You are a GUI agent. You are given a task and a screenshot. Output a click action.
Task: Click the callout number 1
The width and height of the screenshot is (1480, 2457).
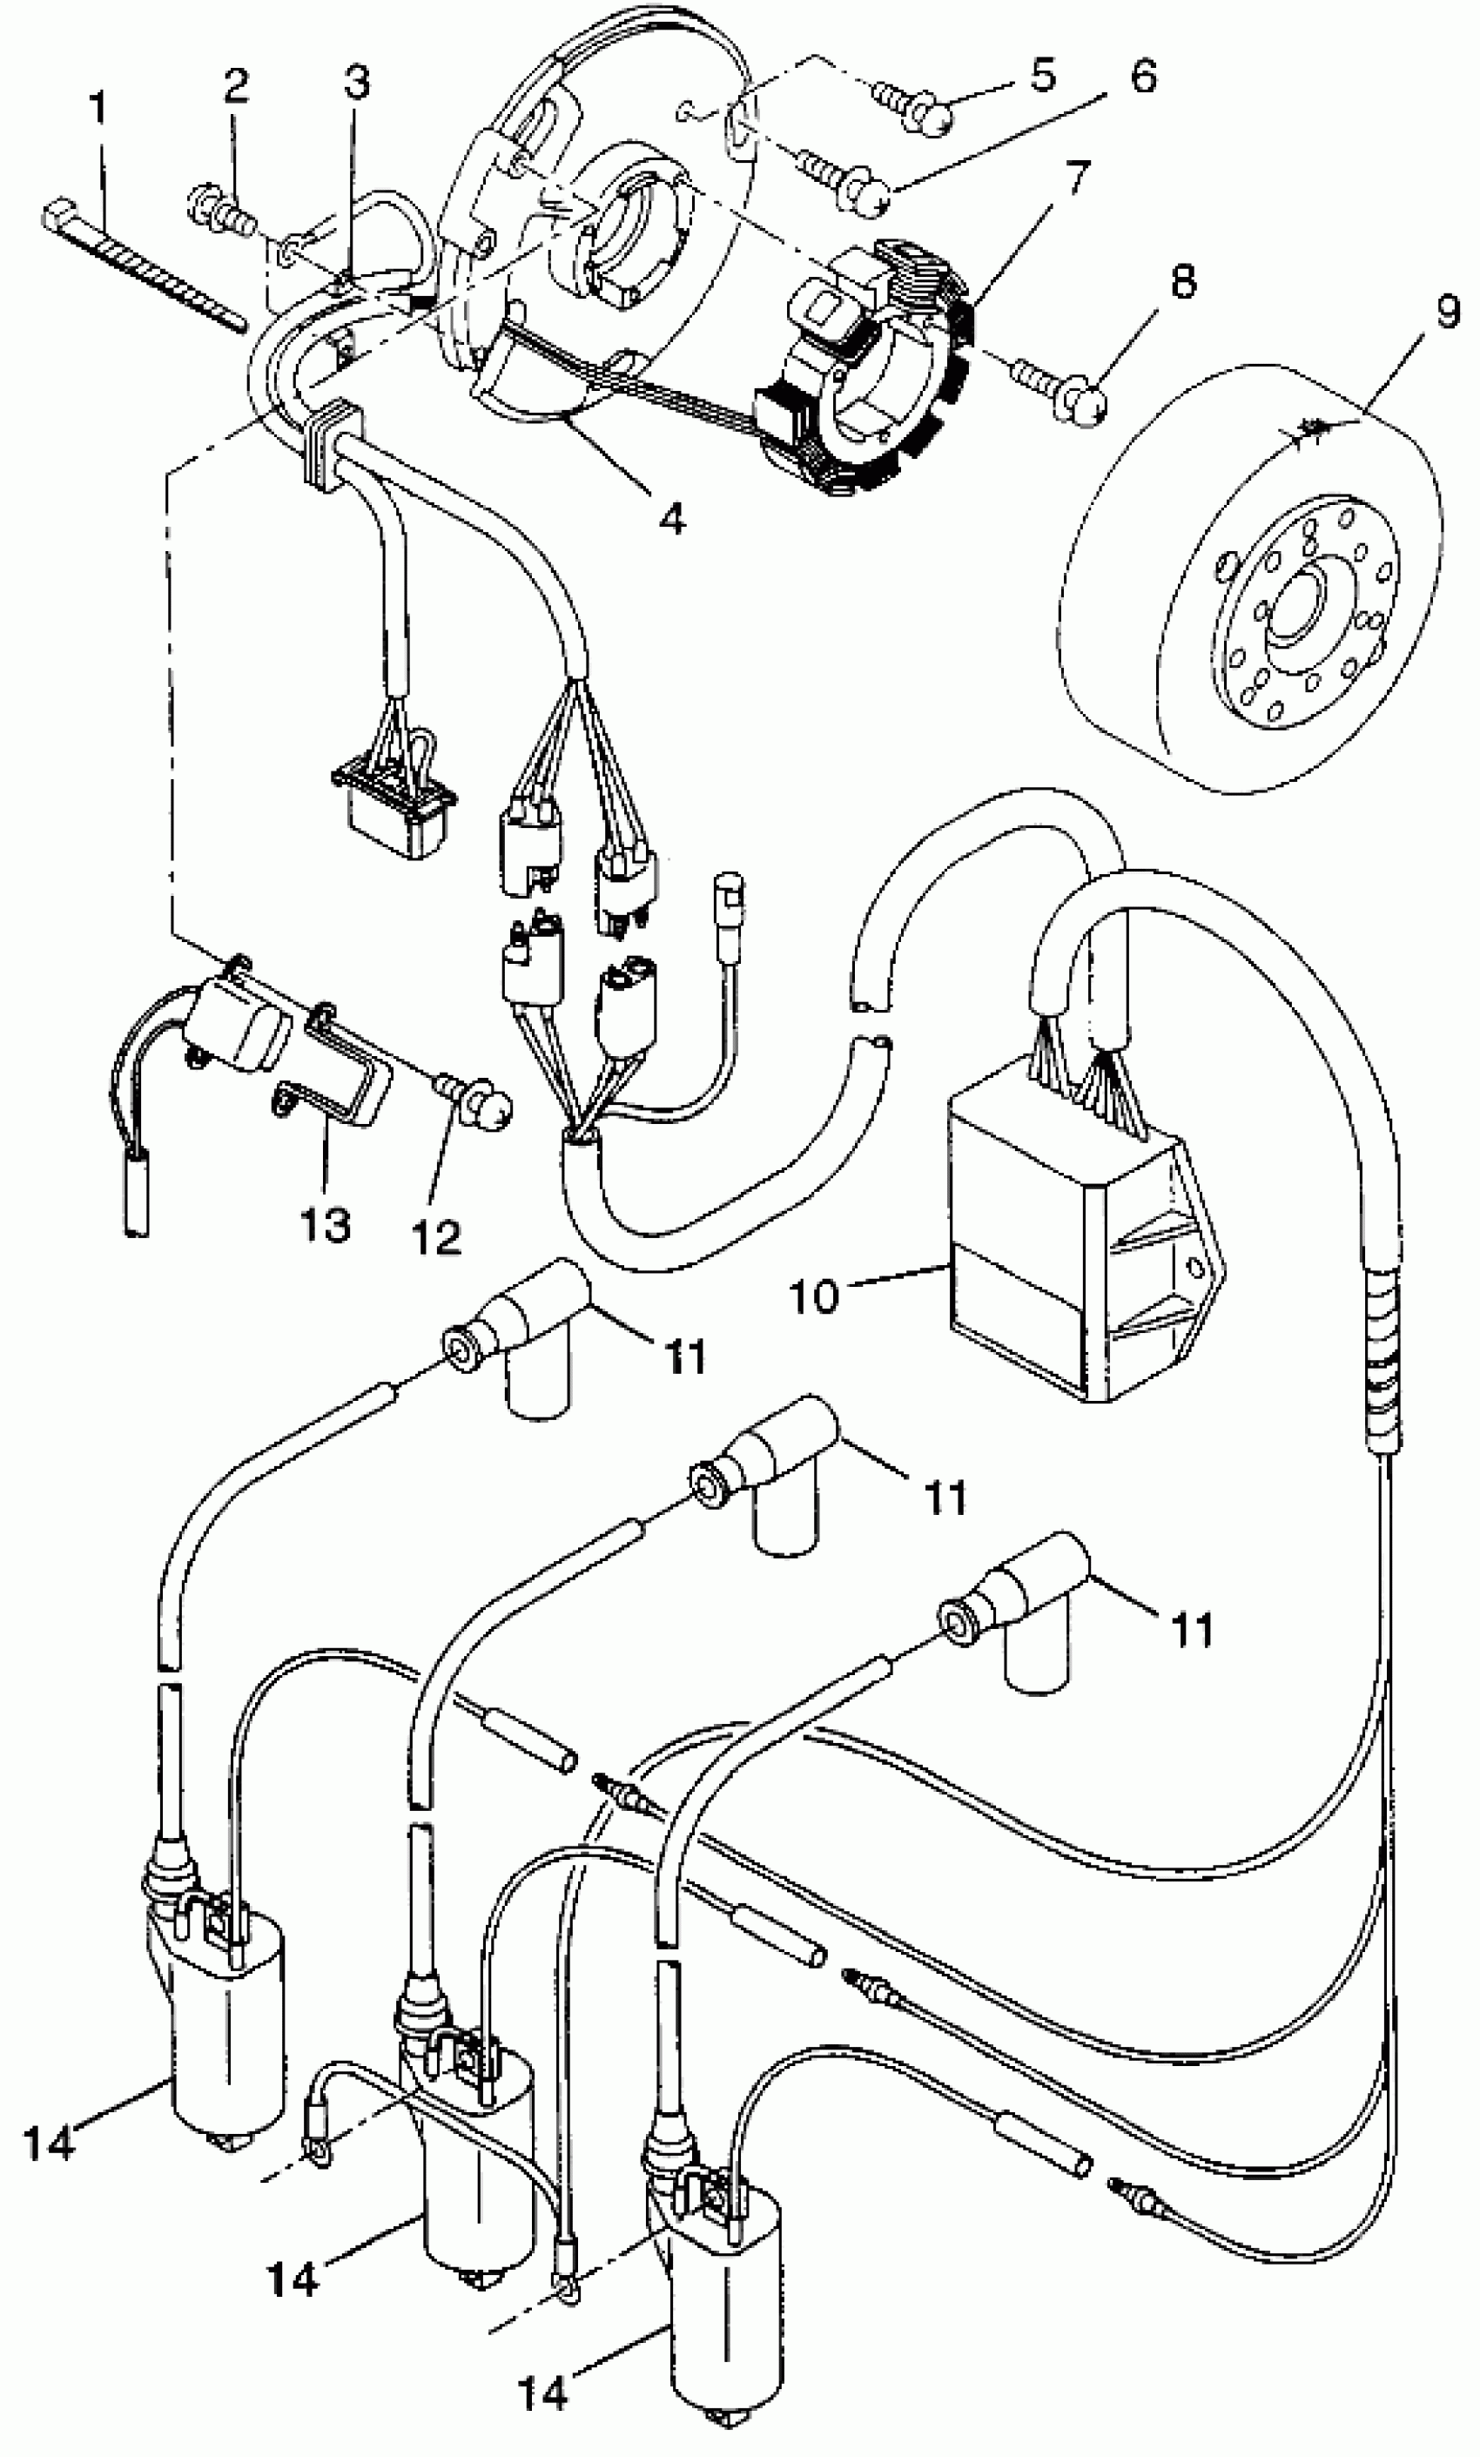coord(97,111)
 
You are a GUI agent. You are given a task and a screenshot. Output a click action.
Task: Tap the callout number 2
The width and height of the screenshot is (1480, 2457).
coord(236,87)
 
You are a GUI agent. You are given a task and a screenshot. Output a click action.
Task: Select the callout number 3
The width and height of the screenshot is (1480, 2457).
coord(356,82)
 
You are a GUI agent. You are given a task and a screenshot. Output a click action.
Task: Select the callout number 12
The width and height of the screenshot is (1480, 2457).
coord(437,1237)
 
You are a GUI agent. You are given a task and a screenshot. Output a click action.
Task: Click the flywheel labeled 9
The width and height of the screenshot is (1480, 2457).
coord(1247,589)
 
